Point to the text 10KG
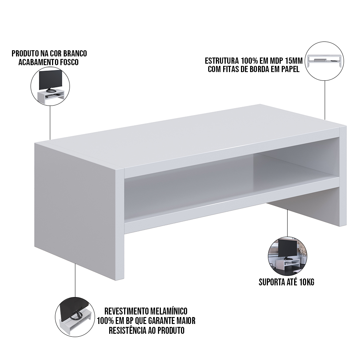point(306,282)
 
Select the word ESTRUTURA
point(222,61)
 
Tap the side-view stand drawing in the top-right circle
point(325,60)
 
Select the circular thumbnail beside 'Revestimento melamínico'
point(75,316)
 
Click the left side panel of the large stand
point(75,207)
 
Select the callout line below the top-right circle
point(325,100)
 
